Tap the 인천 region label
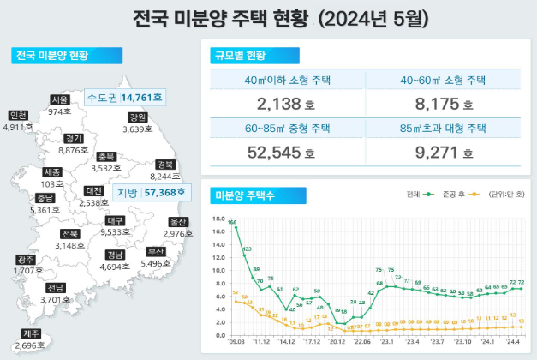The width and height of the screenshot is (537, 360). pos(17,116)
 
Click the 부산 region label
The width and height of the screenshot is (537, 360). pos(155,252)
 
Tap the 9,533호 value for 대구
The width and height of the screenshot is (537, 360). pos(116,231)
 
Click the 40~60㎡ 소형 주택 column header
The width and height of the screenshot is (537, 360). pos(444,81)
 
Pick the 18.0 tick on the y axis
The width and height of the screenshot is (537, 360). pos(217,218)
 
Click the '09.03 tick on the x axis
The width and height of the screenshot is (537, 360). pos(236,339)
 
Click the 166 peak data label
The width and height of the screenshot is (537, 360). pos(232,222)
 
